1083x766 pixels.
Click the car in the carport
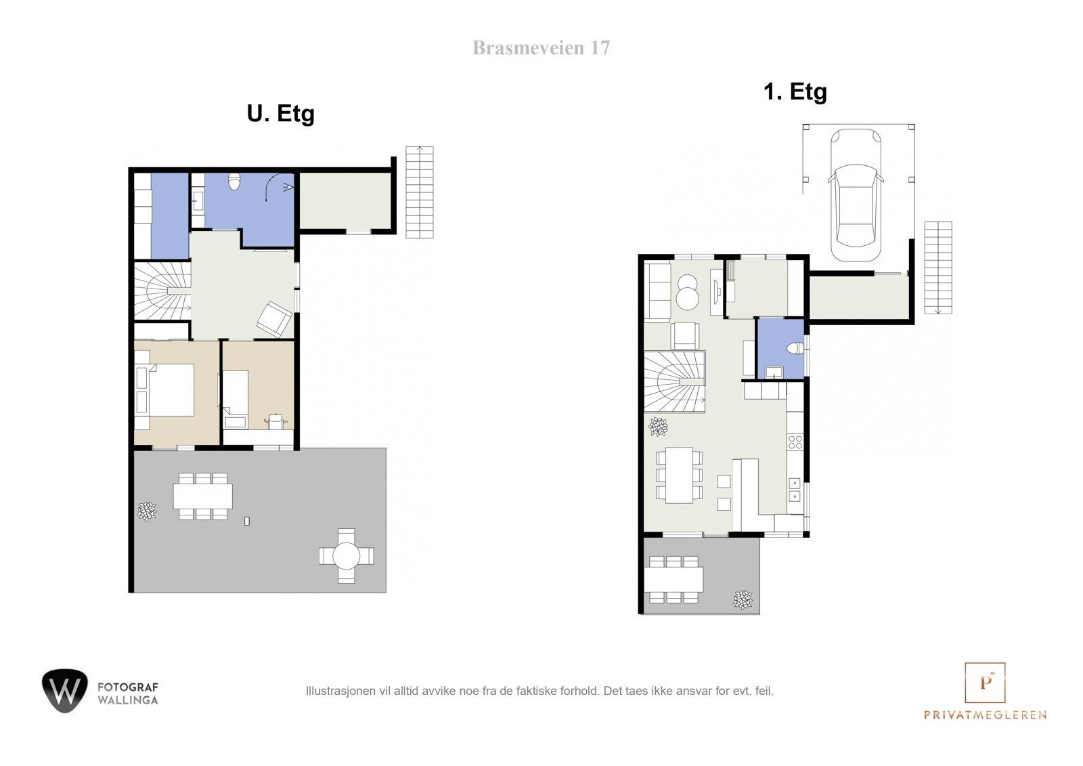(856, 195)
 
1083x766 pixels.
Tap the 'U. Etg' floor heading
(280, 114)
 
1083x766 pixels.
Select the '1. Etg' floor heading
(795, 92)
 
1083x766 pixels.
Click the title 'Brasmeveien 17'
(541, 48)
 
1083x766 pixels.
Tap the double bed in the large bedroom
(165, 390)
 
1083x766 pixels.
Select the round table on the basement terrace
(346, 555)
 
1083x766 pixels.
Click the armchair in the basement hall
(274, 320)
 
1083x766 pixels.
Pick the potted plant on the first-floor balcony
(743, 600)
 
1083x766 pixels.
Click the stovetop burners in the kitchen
(795, 442)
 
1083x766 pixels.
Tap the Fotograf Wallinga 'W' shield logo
(65, 691)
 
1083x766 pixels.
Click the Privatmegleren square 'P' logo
(985, 683)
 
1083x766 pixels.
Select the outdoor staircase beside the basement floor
(419, 192)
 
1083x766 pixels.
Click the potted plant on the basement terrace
(147, 511)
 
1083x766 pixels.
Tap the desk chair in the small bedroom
(275, 421)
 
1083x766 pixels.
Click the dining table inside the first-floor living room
(679, 475)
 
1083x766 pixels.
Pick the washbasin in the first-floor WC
(774, 372)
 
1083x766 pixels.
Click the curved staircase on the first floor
(674, 382)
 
